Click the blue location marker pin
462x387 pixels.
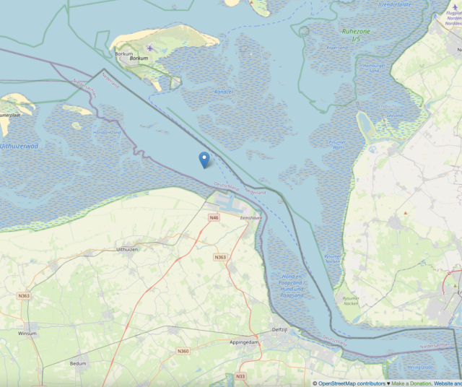tap(204, 159)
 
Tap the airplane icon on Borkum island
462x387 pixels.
tap(149, 48)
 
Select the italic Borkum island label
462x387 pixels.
tap(139, 58)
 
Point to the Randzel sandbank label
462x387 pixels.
tap(223, 92)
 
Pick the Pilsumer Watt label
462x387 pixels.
tap(336, 144)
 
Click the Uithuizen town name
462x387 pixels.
tap(126, 249)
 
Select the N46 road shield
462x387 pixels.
tap(214, 217)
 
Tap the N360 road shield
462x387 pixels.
tap(183, 351)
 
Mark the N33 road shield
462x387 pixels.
tap(240, 376)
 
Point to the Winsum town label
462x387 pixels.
tap(28, 334)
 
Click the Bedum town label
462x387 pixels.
tap(79, 363)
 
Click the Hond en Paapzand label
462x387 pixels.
tap(290, 286)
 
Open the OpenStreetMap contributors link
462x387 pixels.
tap(351, 383)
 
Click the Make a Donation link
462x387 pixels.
tap(411, 383)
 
